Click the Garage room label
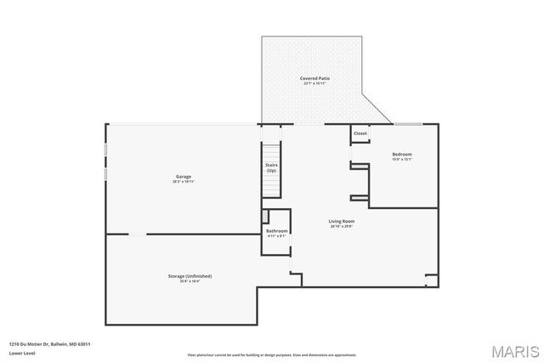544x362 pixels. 183,177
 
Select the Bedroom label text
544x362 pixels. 402,155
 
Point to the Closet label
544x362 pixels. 360,133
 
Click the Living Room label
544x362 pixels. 341,222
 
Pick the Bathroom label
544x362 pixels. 277,231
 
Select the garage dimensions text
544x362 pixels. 183,182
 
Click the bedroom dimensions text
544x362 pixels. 402,160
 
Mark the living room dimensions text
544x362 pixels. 341,227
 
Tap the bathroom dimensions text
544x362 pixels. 277,236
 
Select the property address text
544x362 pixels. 50,343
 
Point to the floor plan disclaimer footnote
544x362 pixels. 272,354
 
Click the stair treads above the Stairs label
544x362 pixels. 271,140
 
